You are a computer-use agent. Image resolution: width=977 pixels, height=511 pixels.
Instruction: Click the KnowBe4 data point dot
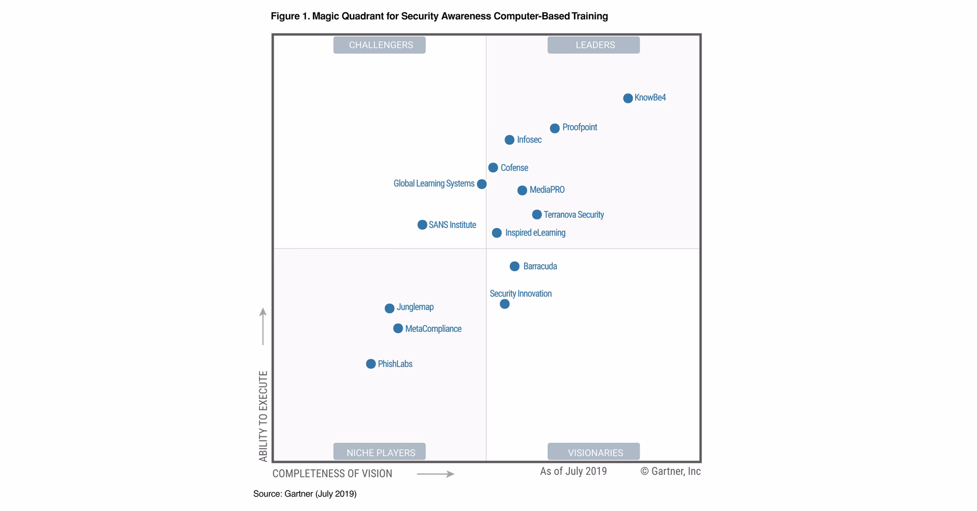[628, 98]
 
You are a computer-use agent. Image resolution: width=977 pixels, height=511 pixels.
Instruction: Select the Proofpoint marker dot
[555, 128]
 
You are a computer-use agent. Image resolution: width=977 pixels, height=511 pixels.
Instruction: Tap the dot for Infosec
[509, 140]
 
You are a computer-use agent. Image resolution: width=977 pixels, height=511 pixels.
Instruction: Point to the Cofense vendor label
[514, 168]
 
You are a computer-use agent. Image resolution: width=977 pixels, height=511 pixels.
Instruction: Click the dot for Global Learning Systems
[481, 184]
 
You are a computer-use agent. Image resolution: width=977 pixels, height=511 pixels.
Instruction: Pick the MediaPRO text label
[547, 190]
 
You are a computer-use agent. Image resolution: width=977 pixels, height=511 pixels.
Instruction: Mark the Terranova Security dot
[537, 215]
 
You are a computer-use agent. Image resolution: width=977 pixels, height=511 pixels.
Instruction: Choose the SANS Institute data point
[422, 225]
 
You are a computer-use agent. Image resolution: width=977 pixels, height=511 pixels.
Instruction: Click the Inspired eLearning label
[535, 233]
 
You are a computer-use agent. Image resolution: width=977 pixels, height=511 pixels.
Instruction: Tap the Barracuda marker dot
[514, 266]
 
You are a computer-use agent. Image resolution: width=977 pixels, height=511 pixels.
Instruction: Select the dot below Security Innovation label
[504, 304]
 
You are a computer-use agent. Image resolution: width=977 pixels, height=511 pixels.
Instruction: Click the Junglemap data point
[389, 308]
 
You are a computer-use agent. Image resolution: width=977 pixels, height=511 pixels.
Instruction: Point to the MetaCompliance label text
[433, 329]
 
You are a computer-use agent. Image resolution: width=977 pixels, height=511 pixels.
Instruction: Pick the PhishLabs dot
[370, 364]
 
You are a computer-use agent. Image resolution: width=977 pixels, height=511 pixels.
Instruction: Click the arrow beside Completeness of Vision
[436, 474]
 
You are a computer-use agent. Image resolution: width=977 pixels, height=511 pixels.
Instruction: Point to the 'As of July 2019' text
[573, 471]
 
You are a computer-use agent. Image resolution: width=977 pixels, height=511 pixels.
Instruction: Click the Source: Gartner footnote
[305, 494]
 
